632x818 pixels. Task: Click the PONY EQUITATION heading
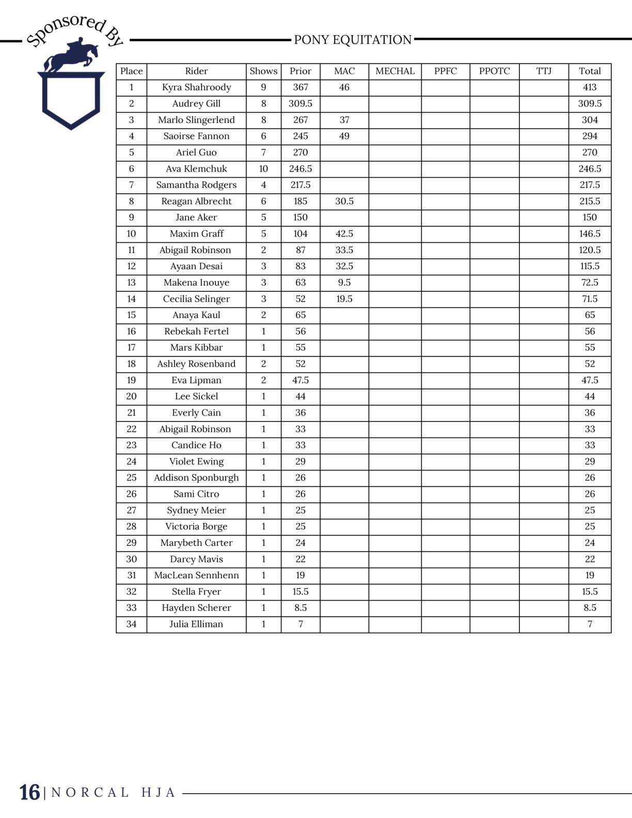[x=353, y=40]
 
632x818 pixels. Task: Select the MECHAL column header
[x=395, y=71]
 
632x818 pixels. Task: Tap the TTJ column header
[x=544, y=71]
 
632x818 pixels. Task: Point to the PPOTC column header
[x=494, y=71]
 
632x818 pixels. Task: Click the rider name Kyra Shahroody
[x=196, y=87]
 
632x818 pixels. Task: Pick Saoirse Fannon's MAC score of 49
[x=344, y=136]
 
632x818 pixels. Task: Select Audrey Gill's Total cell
[x=590, y=104]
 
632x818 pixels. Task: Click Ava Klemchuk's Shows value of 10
[x=263, y=169]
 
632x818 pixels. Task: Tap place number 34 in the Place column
[x=131, y=624]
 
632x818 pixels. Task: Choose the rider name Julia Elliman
[x=196, y=624]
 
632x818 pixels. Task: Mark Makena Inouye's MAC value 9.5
[x=344, y=282]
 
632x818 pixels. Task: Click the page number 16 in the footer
[x=29, y=793]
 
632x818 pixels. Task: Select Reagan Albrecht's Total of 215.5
[x=590, y=201]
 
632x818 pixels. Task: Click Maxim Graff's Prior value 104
[x=301, y=234]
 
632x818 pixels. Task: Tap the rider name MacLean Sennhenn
[x=196, y=575]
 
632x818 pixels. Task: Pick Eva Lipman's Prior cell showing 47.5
[x=301, y=380]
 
